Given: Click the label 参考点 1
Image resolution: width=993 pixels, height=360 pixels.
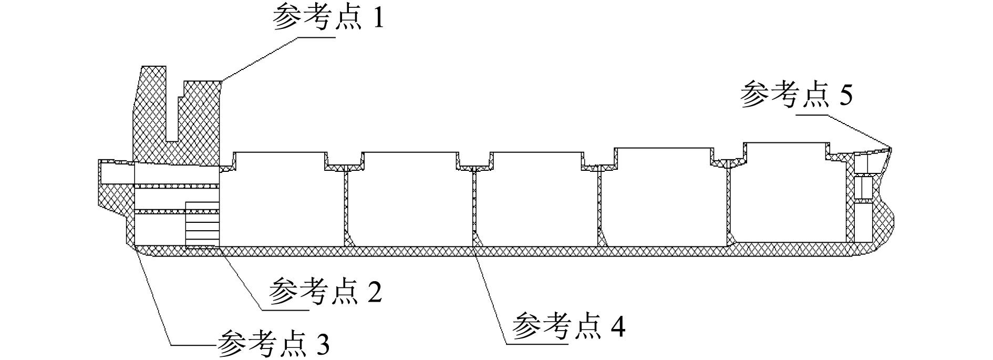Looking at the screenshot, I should pos(328,19).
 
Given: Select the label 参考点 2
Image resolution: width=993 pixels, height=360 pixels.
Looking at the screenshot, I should pos(325,292).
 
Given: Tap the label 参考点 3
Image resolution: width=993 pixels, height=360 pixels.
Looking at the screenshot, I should pos(274,344).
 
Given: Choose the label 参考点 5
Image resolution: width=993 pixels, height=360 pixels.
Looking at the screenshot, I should pos(796,95).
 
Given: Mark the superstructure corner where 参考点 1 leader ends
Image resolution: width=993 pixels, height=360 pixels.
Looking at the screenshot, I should pos(221,81).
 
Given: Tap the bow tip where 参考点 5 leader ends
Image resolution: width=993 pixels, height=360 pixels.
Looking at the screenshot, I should pos(891,149).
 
